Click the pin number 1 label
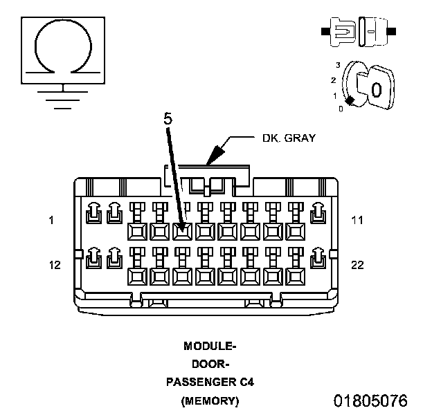(x=51, y=221)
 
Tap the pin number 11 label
(x=357, y=221)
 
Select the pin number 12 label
(x=55, y=265)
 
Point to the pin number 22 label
(x=357, y=265)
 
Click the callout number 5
(x=168, y=118)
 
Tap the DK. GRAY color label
(x=288, y=138)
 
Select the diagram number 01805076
(x=370, y=400)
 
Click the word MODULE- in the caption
(x=210, y=345)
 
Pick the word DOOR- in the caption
(x=210, y=363)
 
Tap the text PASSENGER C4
(x=210, y=382)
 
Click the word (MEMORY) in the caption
(x=210, y=400)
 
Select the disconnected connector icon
(x=358, y=31)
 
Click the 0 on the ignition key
(x=376, y=89)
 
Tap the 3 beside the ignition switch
(x=338, y=64)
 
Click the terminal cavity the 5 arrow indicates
(x=182, y=230)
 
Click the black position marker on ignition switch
(x=350, y=101)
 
